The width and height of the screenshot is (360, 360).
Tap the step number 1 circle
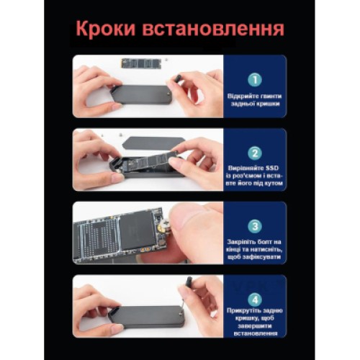click(x=254, y=79)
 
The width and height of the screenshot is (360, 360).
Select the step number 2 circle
click(x=254, y=153)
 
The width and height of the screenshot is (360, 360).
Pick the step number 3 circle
click(x=254, y=225)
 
